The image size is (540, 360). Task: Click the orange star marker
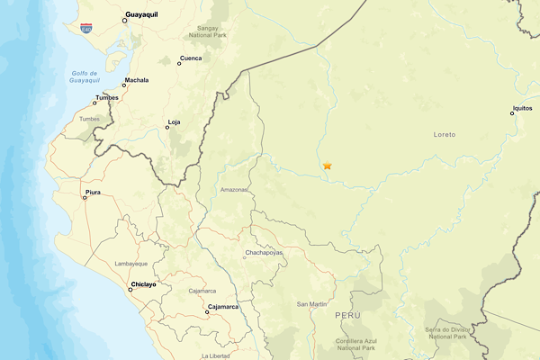328,166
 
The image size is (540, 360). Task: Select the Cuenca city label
191,58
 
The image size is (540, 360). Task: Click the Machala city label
137,80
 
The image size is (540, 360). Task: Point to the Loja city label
175,121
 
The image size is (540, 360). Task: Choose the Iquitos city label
522,108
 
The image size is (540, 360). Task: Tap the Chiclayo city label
143,284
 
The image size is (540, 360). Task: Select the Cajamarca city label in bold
222,307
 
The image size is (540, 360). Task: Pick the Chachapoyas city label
264,254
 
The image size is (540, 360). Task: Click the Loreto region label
445,135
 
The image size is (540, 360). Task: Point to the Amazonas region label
233,190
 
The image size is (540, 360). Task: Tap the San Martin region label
311,304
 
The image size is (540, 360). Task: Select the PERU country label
347,316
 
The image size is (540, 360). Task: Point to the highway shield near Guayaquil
85,28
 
